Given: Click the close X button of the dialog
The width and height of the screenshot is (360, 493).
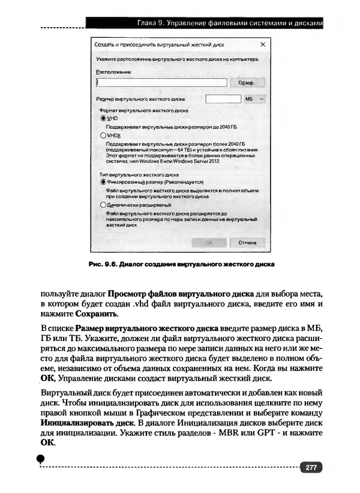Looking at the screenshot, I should [x=263, y=44].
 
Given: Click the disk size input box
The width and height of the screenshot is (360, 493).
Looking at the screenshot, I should [x=222, y=98].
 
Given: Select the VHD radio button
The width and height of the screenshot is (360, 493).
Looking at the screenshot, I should [x=103, y=118].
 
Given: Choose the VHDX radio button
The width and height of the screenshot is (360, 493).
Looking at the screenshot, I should [x=103, y=136].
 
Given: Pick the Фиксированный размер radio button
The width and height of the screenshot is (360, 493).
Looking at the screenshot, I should [x=103, y=181].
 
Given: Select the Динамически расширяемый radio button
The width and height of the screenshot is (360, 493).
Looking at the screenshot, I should [x=103, y=205].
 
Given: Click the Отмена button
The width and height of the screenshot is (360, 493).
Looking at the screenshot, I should [x=247, y=243].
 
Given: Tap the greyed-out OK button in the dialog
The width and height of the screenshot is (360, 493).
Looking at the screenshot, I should [x=209, y=243].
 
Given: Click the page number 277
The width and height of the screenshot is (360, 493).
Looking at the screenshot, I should [x=311, y=468].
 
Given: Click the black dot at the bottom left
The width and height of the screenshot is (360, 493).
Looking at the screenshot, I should [x=40, y=458].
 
